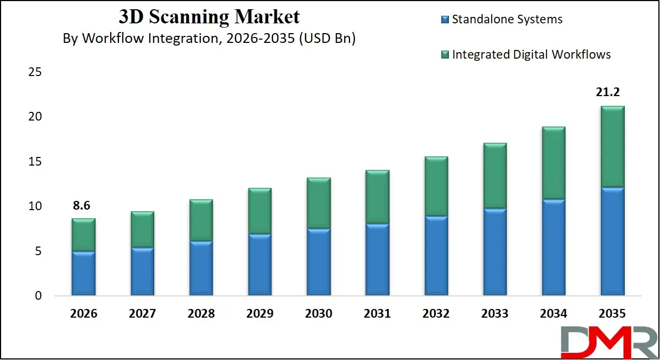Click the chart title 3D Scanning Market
[x=209, y=17]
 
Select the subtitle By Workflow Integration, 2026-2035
[x=209, y=39]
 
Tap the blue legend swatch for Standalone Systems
[x=445, y=20]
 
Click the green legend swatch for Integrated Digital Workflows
[x=445, y=55]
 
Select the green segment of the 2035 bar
[x=612, y=147]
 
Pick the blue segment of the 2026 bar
[x=83, y=274]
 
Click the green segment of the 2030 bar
[x=319, y=203]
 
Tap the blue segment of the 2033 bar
[x=494, y=252]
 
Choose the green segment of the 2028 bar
[x=201, y=220]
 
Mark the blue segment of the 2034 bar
[x=554, y=248]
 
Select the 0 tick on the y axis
[x=38, y=296]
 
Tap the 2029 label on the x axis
[x=259, y=314]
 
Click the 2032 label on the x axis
[x=436, y=314]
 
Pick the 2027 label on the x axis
[x=142, y=314]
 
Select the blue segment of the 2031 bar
[x=377, y=260]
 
